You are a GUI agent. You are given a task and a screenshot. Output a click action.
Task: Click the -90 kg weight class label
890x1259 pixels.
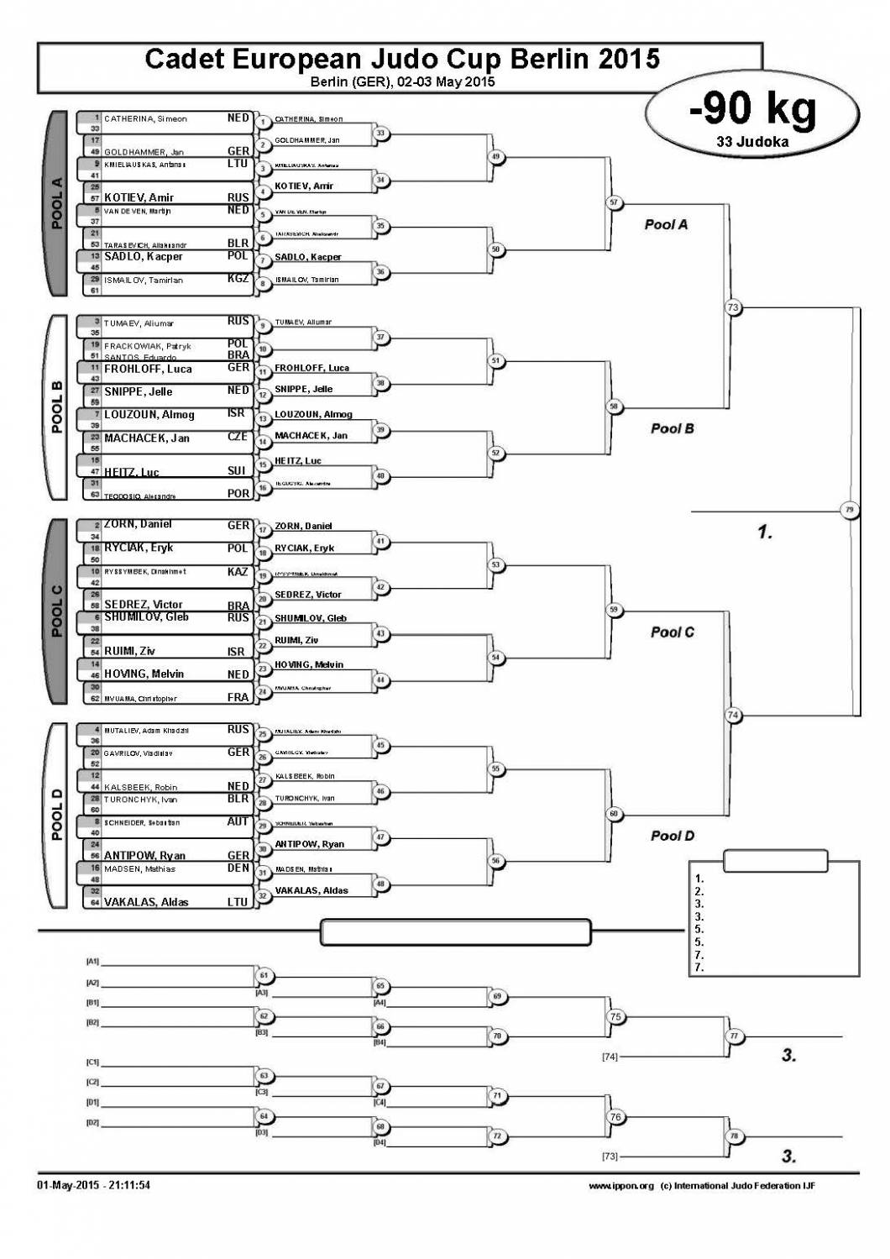[752, 109]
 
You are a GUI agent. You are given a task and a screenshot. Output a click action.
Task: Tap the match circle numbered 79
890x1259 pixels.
[850, 510]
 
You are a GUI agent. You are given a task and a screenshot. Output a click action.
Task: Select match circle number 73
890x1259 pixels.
[733, 307]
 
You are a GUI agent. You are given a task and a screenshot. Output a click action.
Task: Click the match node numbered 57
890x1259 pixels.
[614, 202]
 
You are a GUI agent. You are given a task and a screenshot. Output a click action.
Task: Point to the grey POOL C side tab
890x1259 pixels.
[56, 611]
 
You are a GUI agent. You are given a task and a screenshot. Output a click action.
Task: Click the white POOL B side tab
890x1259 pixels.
[56, 407]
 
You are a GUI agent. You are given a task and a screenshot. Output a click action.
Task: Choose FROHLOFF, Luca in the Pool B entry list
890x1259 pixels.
[148, 369]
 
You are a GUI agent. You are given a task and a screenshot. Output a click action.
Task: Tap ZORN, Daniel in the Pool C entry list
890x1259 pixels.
[138, 524]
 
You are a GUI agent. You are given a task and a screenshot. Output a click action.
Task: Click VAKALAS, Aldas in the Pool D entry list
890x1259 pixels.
[146, 902]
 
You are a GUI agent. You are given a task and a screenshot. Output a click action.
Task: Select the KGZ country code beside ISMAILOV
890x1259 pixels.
[238, 278]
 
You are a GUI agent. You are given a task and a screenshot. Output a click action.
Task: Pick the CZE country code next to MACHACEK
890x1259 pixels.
[238, 437]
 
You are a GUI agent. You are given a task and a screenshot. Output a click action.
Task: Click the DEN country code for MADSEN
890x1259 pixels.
[238, 868]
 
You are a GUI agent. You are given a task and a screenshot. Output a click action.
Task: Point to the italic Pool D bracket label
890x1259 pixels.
[672, 836]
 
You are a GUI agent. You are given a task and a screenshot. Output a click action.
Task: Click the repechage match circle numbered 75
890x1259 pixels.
[615, 1017]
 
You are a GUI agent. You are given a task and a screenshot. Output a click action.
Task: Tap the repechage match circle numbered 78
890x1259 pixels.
[734, 1136]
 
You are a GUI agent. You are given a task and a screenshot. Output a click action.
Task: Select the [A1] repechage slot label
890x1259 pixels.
[92, 961]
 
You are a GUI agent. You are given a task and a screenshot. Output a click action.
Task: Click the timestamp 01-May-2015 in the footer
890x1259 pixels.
[64, 1185]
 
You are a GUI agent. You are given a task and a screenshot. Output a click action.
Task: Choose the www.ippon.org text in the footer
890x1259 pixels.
[620, 1186]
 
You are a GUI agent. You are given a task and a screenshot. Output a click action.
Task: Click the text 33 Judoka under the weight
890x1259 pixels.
[752, 142]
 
